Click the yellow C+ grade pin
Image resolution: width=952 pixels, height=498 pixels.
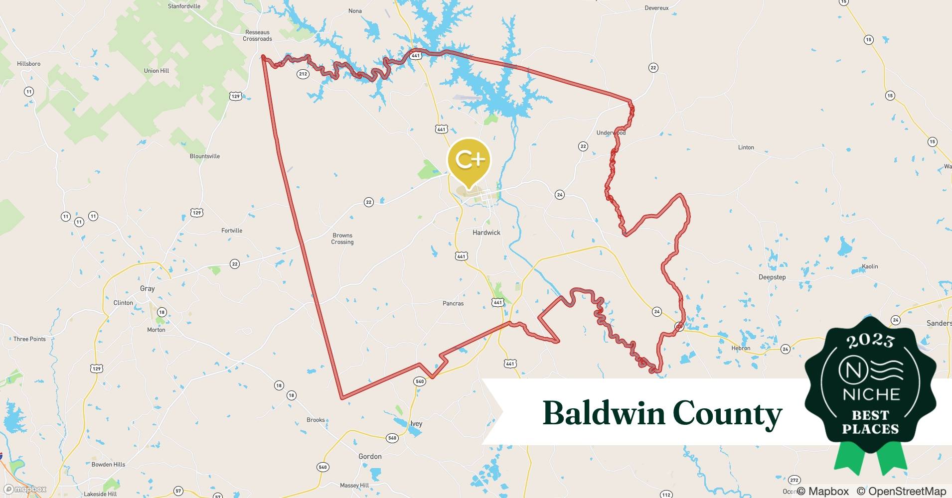469,160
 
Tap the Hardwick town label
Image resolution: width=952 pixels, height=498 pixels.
486,233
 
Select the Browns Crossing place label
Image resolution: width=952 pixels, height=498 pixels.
342,239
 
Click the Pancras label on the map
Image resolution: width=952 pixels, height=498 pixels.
453,303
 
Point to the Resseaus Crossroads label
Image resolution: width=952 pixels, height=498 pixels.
257,35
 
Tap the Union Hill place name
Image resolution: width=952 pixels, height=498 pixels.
157,71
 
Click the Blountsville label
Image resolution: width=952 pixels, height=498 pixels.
204,156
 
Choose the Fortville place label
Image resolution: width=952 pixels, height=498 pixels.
232,231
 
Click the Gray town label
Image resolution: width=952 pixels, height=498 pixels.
147,288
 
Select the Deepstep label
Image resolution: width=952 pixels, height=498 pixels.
772,277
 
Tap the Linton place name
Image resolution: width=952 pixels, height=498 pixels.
746,147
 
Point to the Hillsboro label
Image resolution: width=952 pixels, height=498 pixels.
28,64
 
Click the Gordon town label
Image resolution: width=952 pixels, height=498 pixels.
370,456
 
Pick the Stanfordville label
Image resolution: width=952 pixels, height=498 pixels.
184,6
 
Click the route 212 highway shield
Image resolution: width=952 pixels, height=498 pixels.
303,74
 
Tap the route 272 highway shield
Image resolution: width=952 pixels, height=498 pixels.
794,480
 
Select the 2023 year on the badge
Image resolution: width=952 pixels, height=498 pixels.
870,341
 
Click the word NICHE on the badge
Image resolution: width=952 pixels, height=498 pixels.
871,394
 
